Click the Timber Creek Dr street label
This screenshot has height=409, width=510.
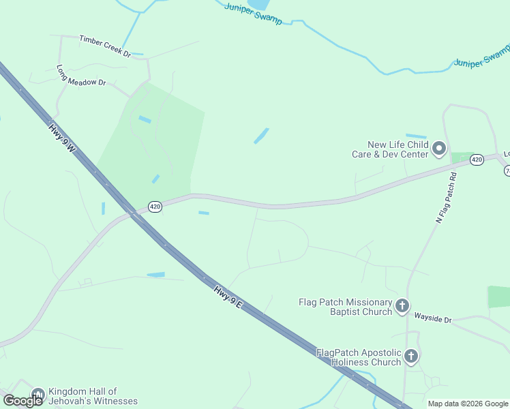click(104, 46)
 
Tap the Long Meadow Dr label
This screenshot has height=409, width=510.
click(82, 76)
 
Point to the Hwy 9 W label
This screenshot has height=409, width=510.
click(61, 137)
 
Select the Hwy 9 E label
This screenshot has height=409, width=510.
click(228, 297)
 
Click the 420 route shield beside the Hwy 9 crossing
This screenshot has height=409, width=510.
click(155, 207)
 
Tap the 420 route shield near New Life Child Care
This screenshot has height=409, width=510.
click(477, 160)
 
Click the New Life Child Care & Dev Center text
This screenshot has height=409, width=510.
click(398, 149)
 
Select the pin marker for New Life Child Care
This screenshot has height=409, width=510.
click(439, 148)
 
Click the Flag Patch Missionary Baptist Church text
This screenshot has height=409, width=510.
click(346, 307)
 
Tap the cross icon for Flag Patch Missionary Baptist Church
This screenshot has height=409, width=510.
click(402, 306)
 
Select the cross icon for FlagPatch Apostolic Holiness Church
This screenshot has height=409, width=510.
click(410, 356)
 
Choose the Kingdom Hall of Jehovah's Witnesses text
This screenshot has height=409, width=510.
click(91, 396)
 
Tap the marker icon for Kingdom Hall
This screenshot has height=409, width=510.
click(37, 395)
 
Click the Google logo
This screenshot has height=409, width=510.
click(22, 401)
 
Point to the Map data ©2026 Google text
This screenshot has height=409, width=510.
click(467, 404)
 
